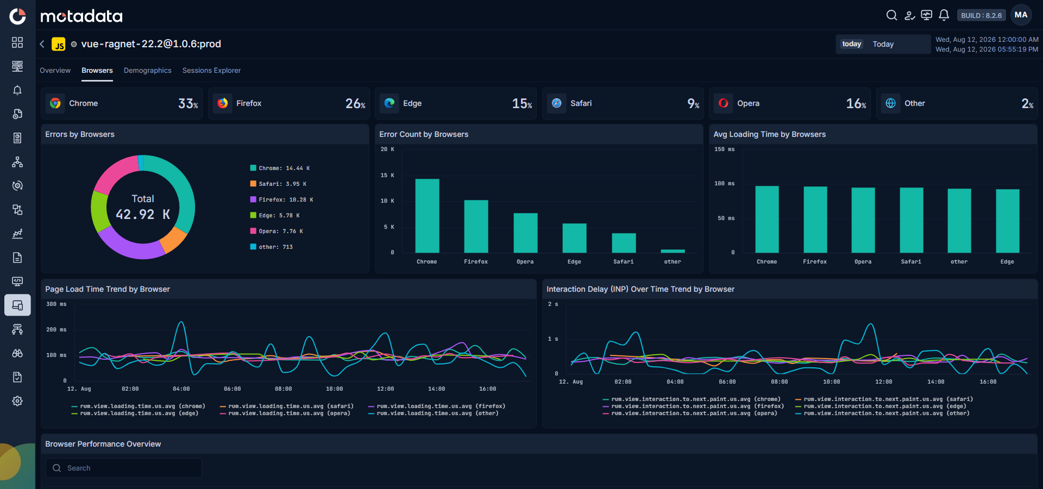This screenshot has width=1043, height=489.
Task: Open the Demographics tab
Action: coord(147,71)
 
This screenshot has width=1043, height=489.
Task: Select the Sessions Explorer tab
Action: coord(211,71)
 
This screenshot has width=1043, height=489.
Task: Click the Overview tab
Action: coord(55,71)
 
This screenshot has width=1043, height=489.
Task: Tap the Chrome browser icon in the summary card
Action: coord(55,103)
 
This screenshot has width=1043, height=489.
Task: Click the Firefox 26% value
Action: coord(355,103)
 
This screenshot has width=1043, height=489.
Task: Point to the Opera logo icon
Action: coord(724,103)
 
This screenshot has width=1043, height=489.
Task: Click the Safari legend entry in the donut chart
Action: coord(278,184)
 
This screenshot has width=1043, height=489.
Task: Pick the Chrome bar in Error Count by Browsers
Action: coord(427,216)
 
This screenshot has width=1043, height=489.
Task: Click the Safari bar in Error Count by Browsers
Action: coord(624,243)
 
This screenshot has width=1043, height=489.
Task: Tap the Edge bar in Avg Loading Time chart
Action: coord(1008,221)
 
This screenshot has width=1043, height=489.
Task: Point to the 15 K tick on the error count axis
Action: coord(387,175)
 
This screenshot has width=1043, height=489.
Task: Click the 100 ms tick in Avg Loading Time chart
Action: coord(724,184)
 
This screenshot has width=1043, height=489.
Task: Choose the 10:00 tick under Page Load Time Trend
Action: coord(334,389)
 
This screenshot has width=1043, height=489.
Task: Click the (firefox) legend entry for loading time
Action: coord(437,406)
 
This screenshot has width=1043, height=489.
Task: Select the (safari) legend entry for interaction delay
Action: coord(884,399)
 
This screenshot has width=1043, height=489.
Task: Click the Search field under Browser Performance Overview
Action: coord(124,468)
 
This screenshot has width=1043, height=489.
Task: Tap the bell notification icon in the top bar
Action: coord(944,15)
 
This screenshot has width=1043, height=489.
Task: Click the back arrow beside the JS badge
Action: coord(42,44)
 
